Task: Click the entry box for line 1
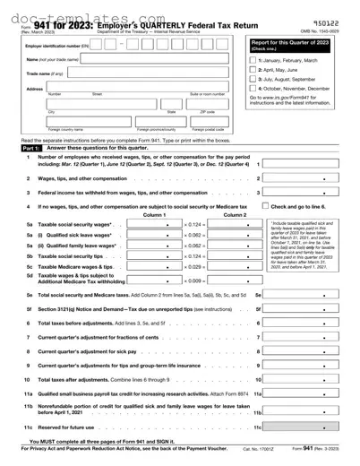pos(304,165)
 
